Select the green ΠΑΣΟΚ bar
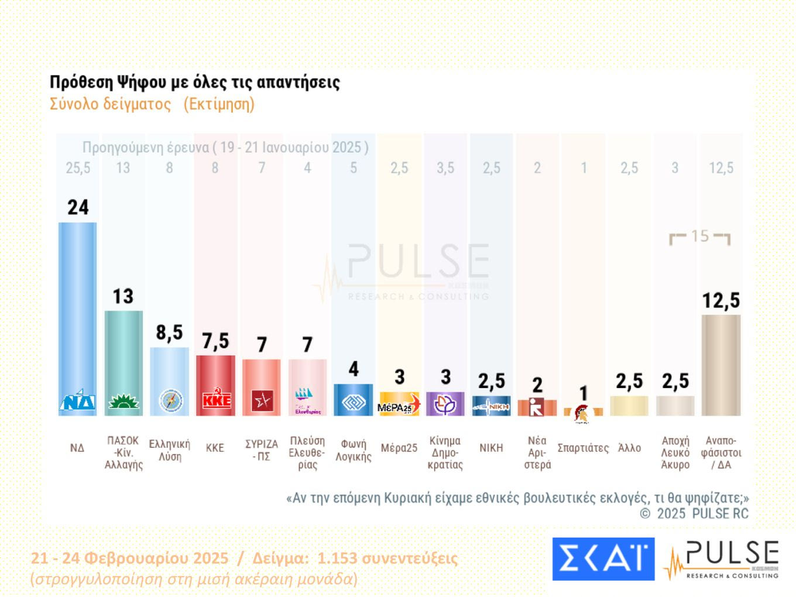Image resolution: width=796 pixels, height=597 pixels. (123, 351)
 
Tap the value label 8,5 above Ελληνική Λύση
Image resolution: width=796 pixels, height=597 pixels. (169, 332)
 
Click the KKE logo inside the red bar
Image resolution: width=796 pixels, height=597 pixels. (215, 400)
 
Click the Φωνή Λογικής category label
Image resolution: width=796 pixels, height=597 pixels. (354, 450)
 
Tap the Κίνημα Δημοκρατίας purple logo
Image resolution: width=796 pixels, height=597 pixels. (445, 404)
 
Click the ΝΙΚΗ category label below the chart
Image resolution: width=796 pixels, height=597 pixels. (491, 448)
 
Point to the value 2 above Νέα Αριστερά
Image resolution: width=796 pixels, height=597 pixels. (537, 385)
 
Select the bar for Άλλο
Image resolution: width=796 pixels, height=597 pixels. (629, 406)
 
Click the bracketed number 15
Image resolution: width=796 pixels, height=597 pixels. (700, 236)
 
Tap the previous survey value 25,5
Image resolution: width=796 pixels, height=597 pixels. (78, 168)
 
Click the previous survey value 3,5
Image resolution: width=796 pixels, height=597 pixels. (445, 168)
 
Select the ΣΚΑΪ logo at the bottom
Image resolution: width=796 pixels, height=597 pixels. (603, 559)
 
